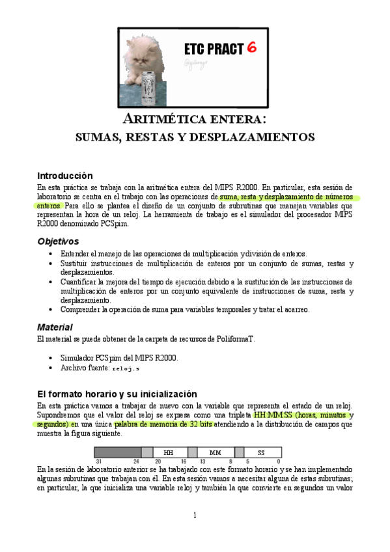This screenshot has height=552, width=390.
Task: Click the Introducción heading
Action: point(64,176)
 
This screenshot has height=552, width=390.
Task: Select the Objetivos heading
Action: point(58,241)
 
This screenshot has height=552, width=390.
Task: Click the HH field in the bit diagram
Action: point(168,452)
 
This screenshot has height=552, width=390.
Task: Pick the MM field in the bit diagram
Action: point(216,452)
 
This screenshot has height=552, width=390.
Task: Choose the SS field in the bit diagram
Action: point(261,452)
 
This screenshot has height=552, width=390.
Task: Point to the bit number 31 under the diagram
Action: point(98,462)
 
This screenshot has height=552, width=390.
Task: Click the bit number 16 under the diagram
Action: point(184,462)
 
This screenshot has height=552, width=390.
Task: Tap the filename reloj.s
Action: point(126,368)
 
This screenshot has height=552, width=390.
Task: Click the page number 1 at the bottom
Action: point(194,516)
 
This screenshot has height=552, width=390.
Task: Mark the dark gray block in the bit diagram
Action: point(117,452)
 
